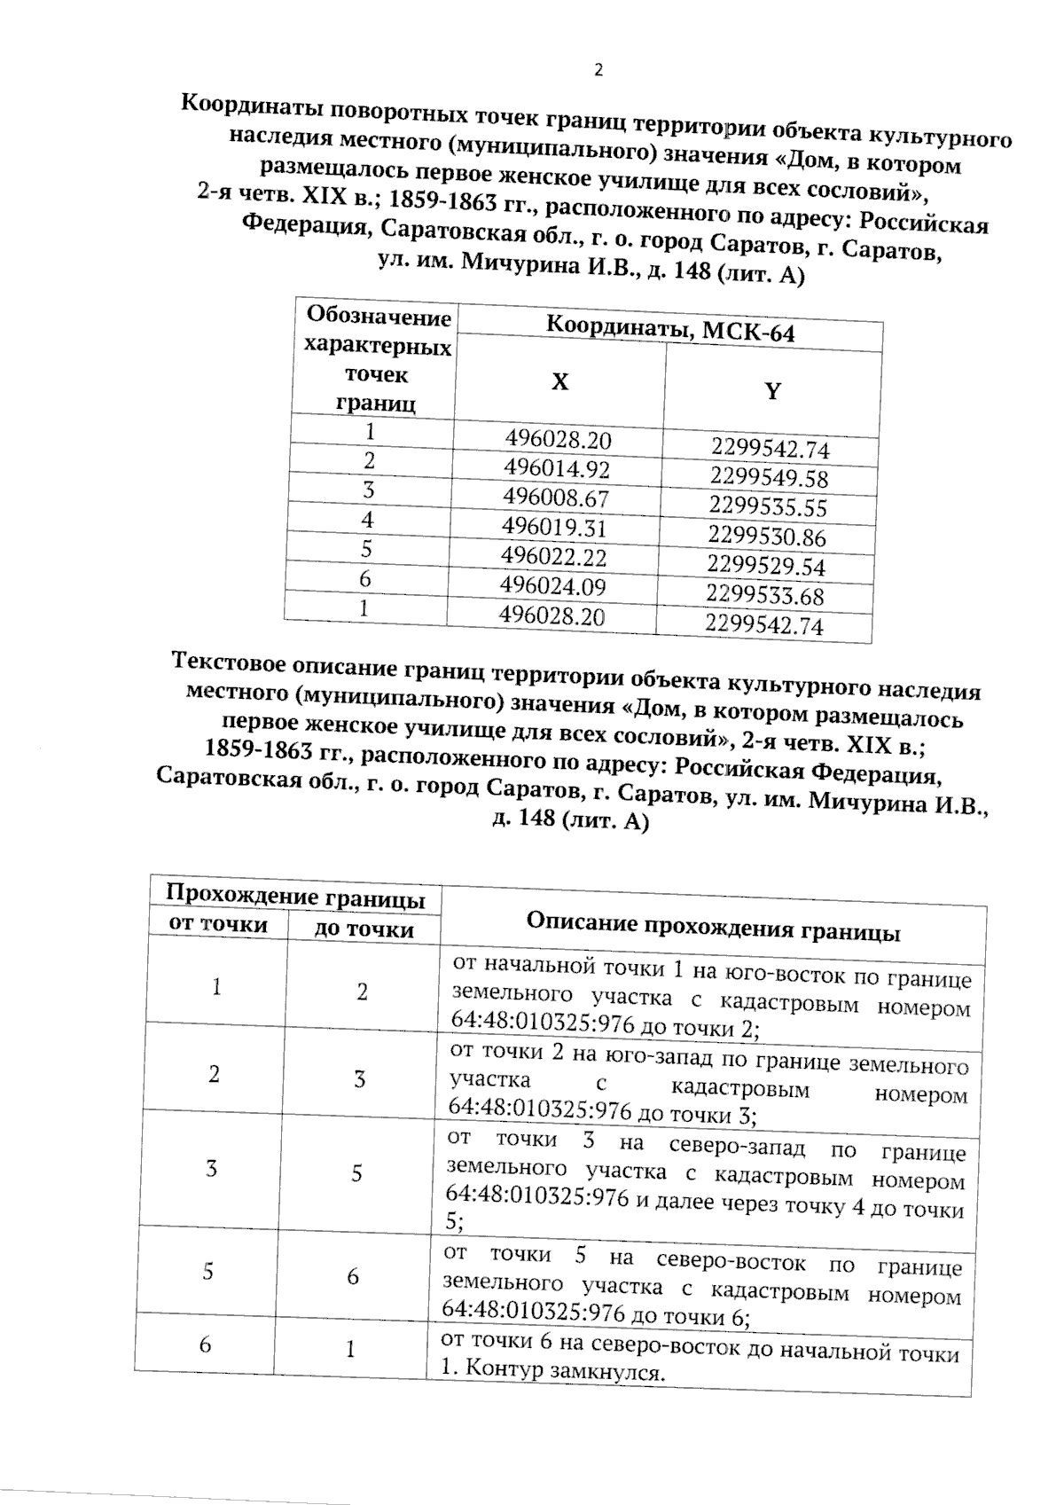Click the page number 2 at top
(598, 70)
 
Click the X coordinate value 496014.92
(557, 467)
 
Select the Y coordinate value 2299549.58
(769, 478)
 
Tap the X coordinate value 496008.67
(555, 497)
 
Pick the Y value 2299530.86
(767, 536)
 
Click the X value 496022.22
(553, 556)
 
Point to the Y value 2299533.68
(765, 594)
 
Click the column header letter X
(559, 382)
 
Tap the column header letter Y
(772, 392)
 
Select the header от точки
(218, 924)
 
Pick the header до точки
(364, 929)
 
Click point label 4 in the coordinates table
(367, 520)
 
